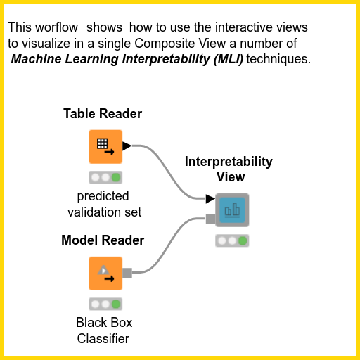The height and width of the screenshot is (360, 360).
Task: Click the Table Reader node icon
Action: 105,146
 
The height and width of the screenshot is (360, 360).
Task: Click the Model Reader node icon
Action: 105,273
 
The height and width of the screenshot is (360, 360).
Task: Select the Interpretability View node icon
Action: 231,210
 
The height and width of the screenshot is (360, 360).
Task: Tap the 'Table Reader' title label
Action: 103,114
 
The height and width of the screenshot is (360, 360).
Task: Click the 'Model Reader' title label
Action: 103,240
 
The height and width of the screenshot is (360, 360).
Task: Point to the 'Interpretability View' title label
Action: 229,169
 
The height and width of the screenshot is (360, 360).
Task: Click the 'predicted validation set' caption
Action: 104,204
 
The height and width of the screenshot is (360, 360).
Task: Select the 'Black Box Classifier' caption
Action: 104,331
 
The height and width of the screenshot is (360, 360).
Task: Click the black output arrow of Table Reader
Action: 127,146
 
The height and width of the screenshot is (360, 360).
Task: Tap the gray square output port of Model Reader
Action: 127,273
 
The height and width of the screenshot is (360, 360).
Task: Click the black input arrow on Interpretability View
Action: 210,200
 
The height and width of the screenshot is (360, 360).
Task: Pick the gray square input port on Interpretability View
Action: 210,219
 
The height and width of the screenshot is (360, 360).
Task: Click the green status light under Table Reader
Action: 116,177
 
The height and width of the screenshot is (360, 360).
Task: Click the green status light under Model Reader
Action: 116,304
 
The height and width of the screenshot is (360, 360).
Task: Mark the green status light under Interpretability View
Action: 243,240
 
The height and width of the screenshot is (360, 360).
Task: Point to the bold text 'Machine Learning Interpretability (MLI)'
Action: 127,60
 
